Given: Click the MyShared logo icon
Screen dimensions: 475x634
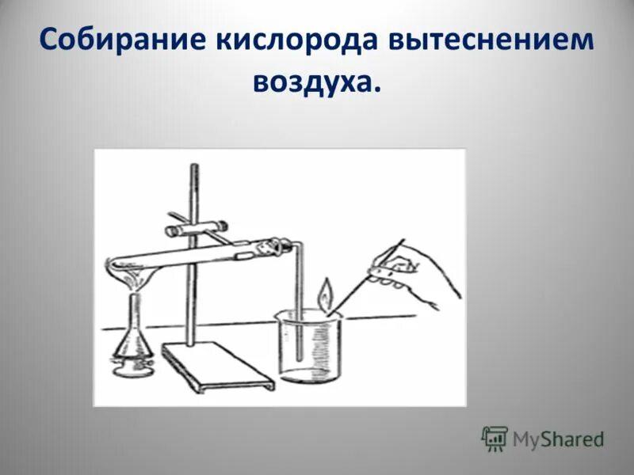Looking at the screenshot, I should (x=495, y=437).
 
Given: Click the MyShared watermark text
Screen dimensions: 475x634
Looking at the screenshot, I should (x=558, y=438).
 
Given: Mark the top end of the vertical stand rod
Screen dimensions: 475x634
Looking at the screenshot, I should (x=193, y=165).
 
